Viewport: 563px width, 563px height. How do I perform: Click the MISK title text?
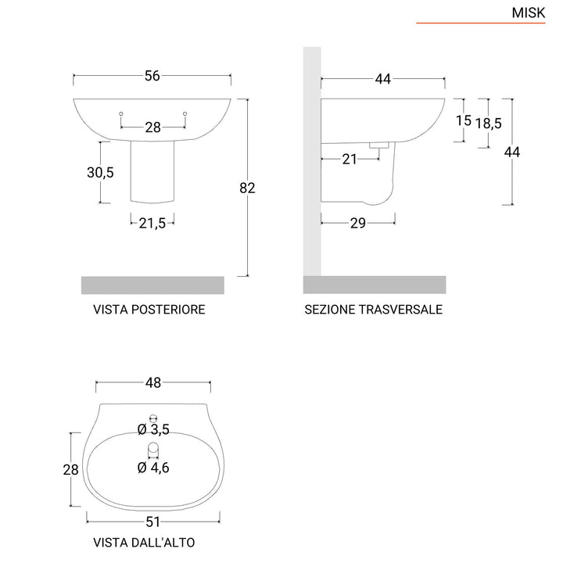(x=528, y=13)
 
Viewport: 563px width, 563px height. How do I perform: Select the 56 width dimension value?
(x=152, y=76)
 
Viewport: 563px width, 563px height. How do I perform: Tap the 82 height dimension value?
(x=249, y=188)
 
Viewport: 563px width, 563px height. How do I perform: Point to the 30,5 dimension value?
(x=100, y=173)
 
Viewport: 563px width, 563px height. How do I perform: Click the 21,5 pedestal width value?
(x=152, y=223)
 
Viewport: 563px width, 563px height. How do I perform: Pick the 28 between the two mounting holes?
(x=152, y=127)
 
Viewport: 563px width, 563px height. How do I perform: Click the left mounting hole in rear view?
(x=120, y=115)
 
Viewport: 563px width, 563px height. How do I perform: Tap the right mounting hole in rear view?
(x=185, y=115)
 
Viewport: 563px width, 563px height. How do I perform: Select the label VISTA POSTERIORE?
(x=149, y=310)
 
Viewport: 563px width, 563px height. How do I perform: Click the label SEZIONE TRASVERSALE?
(x=373, y=310)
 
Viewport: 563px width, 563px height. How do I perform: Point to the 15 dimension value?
(x=463, y=120)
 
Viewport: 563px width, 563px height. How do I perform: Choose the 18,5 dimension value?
(x=488, y=123)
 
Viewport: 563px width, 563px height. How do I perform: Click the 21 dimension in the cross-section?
(x=350, y=159)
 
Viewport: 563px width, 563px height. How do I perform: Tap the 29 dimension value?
(x=358, y=223)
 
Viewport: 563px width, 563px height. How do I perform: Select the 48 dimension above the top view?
(x=153, y=382)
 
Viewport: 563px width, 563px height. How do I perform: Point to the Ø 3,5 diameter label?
(x=153, y=429)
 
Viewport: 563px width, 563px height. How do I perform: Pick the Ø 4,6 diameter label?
(x=153, y=468)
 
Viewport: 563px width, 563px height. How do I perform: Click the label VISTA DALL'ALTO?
(x=144, y=542)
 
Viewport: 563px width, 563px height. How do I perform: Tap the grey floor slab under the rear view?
(x=152, y=285)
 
